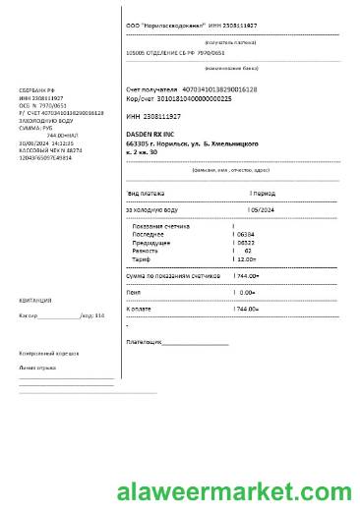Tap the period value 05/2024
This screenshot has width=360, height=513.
(x=264, y=209)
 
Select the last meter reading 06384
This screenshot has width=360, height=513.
(x=246, y=234)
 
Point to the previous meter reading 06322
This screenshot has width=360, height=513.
(x=246, y=242)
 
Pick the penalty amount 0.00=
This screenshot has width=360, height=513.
(x=248, y=292)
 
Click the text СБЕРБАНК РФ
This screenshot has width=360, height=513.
(x=37, y=91)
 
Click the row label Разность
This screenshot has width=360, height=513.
(x=145, y=251)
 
